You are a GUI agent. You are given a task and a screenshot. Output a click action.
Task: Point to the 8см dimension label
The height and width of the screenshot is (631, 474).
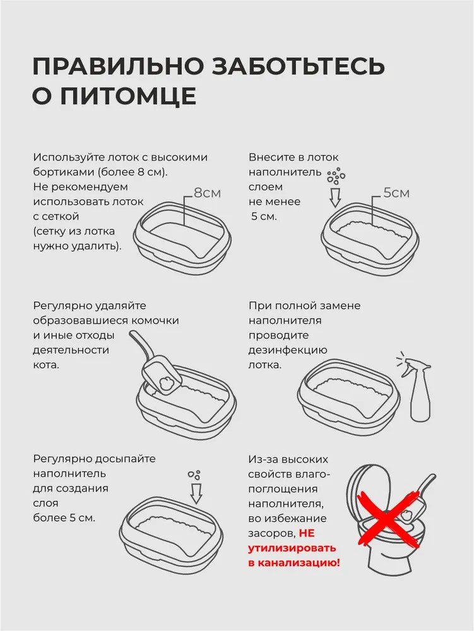207,193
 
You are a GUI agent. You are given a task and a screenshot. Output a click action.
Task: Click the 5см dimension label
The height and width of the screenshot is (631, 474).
396,192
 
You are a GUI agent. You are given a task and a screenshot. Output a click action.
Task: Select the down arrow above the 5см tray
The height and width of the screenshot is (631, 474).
335,196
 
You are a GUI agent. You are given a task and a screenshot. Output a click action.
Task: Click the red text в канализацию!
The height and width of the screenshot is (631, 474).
294,563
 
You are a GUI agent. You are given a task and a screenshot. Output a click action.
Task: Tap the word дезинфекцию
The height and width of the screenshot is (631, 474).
288,350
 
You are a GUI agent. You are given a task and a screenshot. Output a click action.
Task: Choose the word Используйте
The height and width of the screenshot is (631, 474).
67,157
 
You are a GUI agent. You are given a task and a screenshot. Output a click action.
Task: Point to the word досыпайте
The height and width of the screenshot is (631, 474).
126,459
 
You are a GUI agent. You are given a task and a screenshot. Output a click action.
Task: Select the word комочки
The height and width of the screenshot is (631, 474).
155,321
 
